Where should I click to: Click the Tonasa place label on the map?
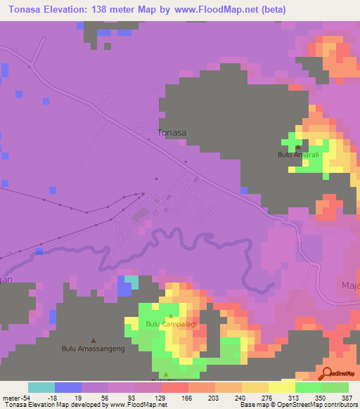[x=172, y=131]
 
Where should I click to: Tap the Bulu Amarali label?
[x=297, y=155]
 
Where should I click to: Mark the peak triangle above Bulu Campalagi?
[x=169, y=316]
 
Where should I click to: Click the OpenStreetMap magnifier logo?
[x=329, y=372]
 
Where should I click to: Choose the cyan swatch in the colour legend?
[x=41, y=387]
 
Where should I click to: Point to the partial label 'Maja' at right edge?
[x=350, y=284]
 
